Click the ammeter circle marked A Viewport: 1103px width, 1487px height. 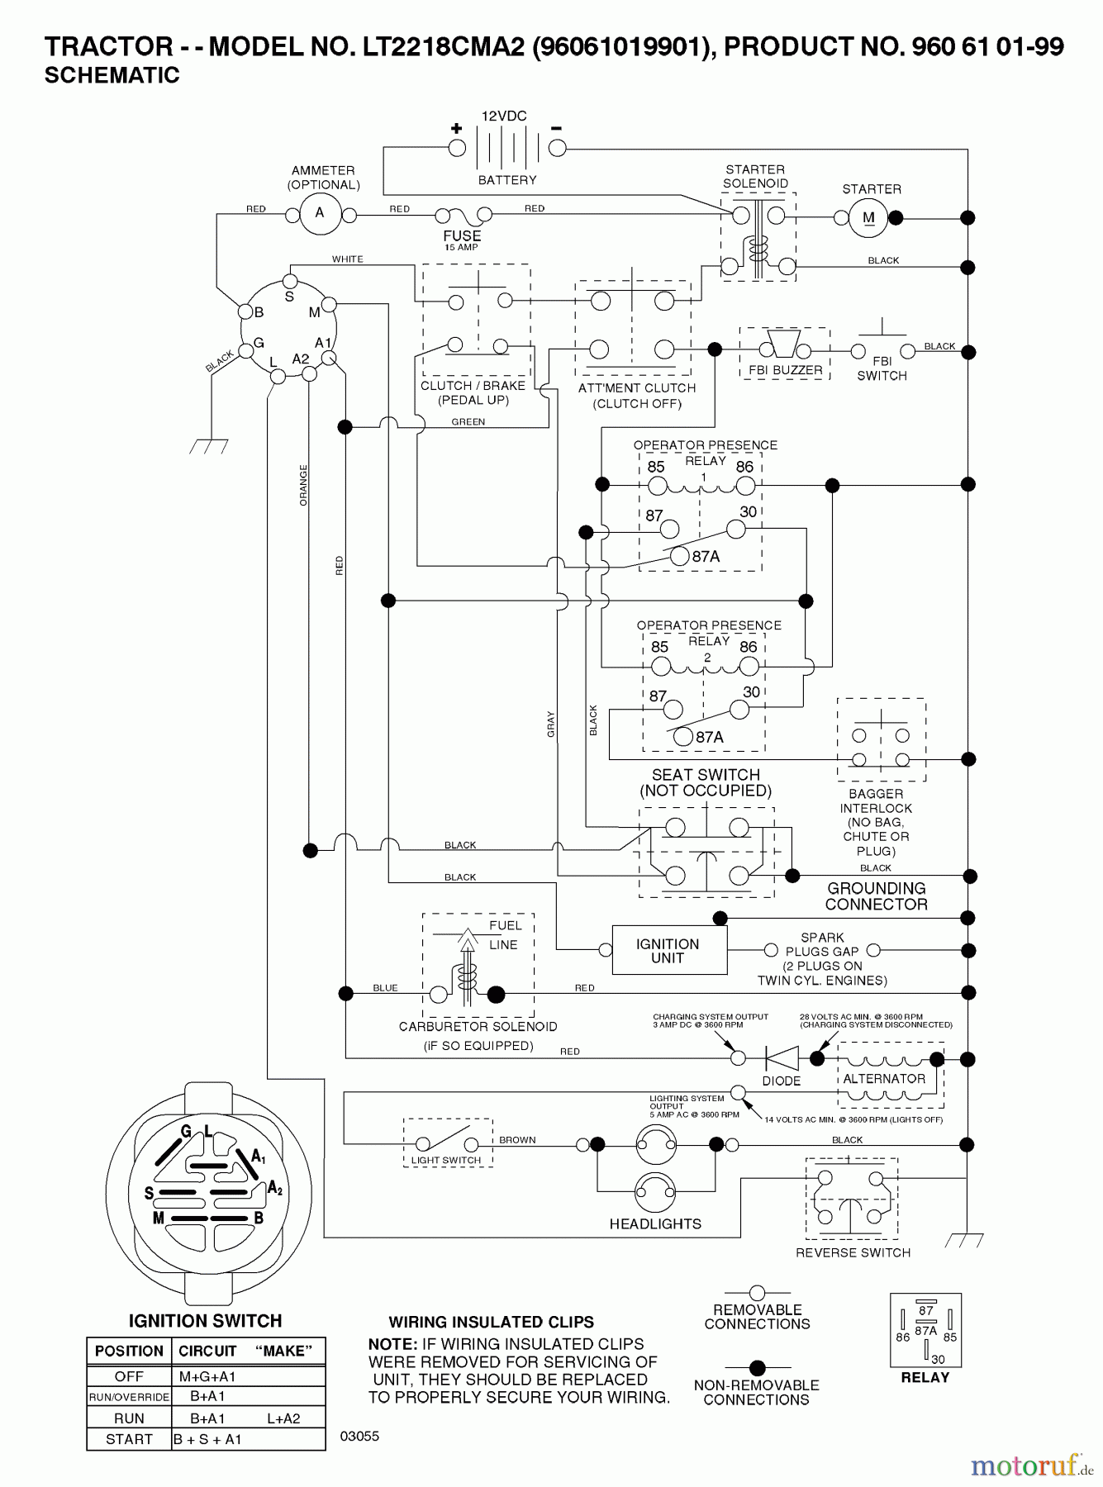[320, 214]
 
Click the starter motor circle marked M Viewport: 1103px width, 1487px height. [868, 218]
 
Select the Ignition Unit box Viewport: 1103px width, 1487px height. [669, 950]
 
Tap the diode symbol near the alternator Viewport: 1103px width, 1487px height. [781, 1058]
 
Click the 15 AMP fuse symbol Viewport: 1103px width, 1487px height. [463, 216]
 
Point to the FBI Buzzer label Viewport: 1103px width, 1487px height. [785, 370]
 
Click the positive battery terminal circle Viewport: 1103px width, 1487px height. [457, 148]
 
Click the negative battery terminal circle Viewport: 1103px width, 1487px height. [558, 148]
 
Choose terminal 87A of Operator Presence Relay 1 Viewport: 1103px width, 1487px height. [679, 556]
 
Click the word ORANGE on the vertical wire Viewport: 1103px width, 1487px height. [303, 485]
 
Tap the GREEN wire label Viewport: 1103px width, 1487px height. [468, 422]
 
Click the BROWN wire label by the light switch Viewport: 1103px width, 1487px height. [517, 1140]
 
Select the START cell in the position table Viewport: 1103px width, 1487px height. [129, 1439]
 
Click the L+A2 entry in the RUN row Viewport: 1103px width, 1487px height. [283, 1418]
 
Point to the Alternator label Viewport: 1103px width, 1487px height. [884, 1079]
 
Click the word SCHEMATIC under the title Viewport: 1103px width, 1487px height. [112, 75]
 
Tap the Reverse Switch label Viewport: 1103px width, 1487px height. [853, 1252]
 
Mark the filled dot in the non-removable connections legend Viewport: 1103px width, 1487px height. [757, 1368]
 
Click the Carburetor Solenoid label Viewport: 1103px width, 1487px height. [478, 1026]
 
